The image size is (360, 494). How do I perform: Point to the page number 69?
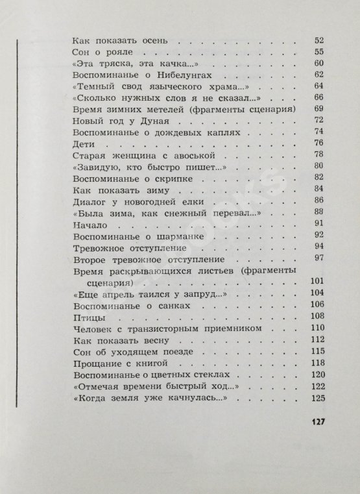pyautogui.click(x=318, y=109)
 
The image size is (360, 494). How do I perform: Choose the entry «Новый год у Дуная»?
pyautogui.click(x=112, y=121)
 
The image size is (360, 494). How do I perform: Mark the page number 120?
pyautogui.click(x=317, y=375)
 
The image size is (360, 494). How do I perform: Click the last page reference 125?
pyautogui.click(x=317, y=398)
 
